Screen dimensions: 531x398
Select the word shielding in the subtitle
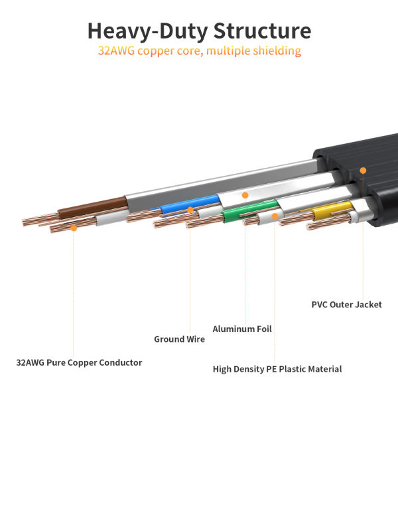coord(273,51)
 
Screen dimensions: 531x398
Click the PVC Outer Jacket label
coord(346,305)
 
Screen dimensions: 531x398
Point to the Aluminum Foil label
coord(242,329)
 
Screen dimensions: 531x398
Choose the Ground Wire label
coord(179,339)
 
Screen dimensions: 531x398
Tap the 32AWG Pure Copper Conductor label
coord(79,363)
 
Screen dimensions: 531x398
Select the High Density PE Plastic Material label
coord(277,369)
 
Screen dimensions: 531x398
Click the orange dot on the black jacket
coord(363,171)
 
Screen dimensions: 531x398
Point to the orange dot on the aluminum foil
coord(245,196)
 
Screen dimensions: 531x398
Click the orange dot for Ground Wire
coord(190,210)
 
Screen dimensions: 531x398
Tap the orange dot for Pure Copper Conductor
coord(74,228)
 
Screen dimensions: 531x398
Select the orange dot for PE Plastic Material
coord(275,216)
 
